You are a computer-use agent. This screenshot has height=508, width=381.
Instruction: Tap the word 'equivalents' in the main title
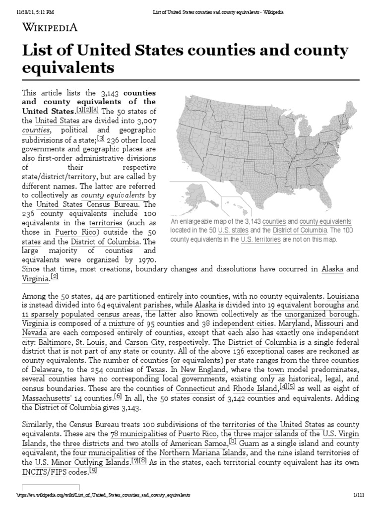coord(68,67)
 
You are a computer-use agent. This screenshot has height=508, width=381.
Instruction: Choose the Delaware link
coord(44,370)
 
